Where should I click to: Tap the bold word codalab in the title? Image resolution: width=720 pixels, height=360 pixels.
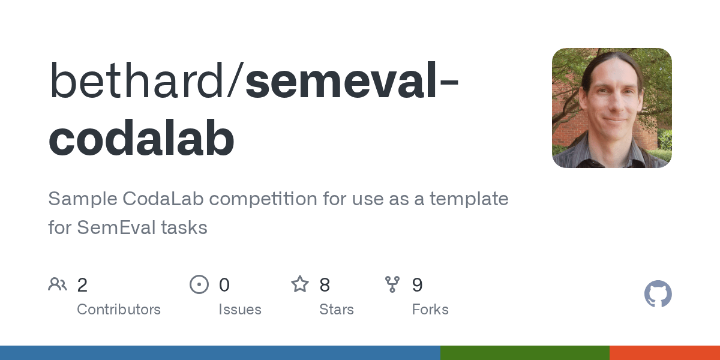[142, 139]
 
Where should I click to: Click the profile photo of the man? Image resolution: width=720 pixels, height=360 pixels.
[611, 108]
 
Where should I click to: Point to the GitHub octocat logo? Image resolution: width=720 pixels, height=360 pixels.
[658, 294]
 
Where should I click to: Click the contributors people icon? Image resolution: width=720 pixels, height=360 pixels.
[58, 284]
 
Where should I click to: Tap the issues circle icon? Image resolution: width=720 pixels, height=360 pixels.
[199, 284]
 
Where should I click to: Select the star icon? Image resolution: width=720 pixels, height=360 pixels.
[300, 284]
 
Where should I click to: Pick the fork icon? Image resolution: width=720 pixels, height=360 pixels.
[392, 284]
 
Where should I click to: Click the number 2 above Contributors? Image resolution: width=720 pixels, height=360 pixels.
[82, 284]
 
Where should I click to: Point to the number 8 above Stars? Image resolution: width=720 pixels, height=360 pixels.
[325, 284]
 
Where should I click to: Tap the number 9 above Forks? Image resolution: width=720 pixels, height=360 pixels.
[417, 284]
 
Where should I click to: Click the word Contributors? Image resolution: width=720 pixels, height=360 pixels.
[119, 310]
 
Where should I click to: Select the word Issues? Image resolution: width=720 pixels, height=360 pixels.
[240, 310]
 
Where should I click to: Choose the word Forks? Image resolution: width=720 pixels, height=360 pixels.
[430, 310]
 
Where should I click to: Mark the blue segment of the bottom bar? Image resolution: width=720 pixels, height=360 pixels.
[220, 353]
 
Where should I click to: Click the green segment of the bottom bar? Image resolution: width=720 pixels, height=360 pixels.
[524, 353]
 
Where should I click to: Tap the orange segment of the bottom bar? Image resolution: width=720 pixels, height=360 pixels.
[665, 353]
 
